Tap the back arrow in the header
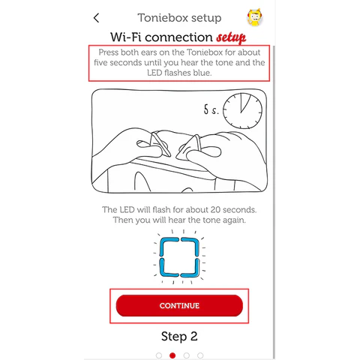pyautogui.click(x=96, y=18)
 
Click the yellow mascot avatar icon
pyautogui.click(x=255, y=17)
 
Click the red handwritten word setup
pyautogui.click(x=231, y=37)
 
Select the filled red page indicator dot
pyautogui.click(x=172, y=355)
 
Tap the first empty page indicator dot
pyautogui.click(x=159, y=355)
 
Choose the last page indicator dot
pyautogui.click(x=200, y=355)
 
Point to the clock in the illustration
pyautogui.click(x=242, y=111)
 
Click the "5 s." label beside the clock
pyautogui.click(x=211, y=109)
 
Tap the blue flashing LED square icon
pyautogui.click(x=179, y=257)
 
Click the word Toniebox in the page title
pyautogui.click(x=163, y=18)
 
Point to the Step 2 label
pyautogui.click(x=179, y=336)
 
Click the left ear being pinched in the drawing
pyautogui.click(x=160, y=144)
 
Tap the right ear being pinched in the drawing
pyautogui.click(x=189, y=147)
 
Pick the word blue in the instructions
pyautogui.click(x=202, y=73)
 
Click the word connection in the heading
pyautogui.click(x=178, y=37)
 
